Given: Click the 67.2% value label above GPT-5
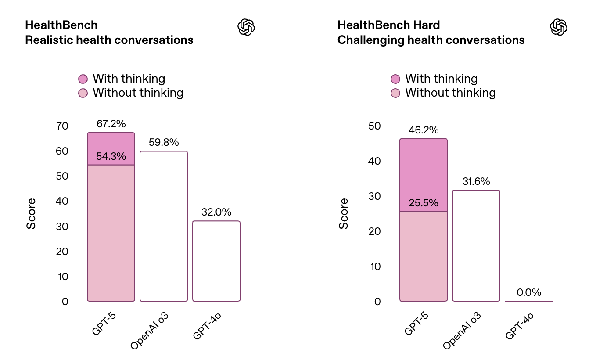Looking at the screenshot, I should (x=111, y=124).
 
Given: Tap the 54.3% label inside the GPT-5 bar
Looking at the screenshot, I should (x=111, y=156).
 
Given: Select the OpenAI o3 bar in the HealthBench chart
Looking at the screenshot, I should (x=164, y=226).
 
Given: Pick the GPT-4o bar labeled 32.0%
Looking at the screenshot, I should (x=216, y=261).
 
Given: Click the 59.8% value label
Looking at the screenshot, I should (x=164, y=143).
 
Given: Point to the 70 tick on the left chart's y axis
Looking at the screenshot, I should (x=62, y=126).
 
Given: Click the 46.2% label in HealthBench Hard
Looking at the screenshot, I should (x=423, y=130).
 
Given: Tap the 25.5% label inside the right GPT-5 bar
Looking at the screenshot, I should (x=423, y=203).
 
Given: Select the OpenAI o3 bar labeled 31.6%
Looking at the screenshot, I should (x=476, y=245).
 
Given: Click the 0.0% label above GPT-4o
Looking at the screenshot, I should (x=529, y=292).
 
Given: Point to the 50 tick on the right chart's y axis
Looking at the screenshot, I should (x=375, y=126).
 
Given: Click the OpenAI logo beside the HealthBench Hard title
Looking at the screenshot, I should (x=559, y=27).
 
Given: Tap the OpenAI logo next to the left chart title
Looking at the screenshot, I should (x=246, y=27).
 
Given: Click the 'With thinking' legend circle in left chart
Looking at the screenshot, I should (x=83, y=79).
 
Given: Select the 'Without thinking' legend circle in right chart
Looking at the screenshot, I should (x=396, y=93).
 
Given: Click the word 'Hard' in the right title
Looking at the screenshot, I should (x=425, y=25).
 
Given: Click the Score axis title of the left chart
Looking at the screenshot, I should (x=31, y=214).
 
